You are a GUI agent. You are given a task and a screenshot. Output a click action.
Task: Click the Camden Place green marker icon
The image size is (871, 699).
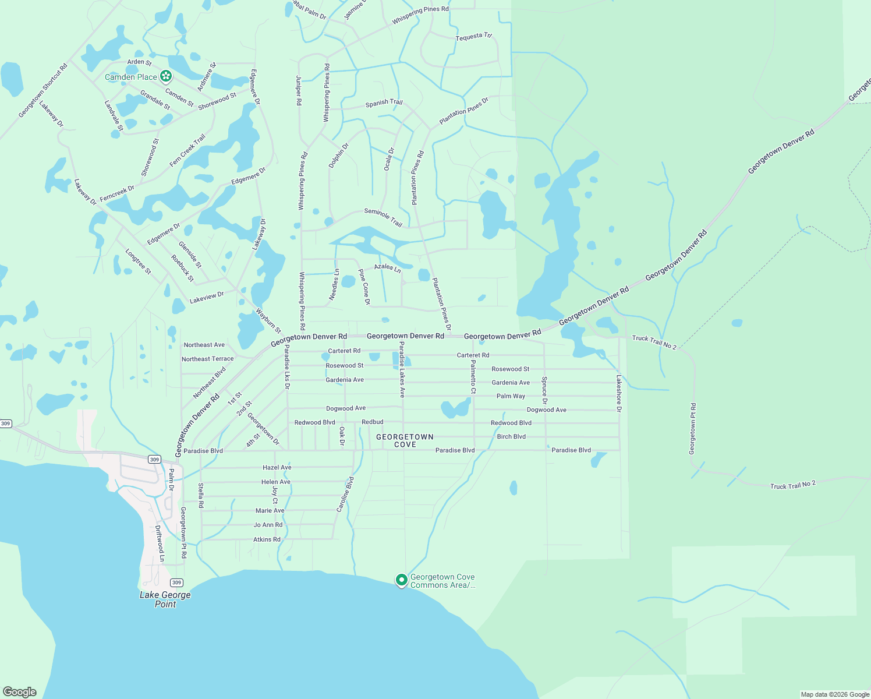coord(166,76)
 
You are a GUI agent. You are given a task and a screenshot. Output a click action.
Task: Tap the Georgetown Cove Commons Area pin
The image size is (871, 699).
coord(401,580)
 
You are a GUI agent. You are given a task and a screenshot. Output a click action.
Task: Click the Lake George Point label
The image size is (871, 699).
coord(165,599)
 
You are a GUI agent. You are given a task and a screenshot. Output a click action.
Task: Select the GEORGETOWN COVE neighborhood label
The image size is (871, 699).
coord(405,440)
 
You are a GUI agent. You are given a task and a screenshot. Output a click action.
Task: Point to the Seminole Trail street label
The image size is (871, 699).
coord(383,217)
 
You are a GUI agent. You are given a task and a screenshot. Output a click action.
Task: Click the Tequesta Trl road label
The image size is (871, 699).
coord(473,37)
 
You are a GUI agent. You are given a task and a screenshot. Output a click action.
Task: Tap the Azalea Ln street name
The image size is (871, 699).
coord(387,268)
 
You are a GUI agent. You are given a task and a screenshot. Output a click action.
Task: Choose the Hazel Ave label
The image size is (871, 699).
coord(277,468)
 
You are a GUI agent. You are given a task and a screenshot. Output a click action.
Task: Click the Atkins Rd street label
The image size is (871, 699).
coord(267,539)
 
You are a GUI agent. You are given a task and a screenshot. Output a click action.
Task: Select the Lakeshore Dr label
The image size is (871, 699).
coord(619,393)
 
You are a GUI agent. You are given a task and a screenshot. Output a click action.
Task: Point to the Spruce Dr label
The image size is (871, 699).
coord(544,390)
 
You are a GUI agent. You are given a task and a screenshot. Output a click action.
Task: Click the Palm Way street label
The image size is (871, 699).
coord(511,396)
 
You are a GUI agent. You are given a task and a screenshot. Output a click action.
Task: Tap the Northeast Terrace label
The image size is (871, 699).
coord(207,359)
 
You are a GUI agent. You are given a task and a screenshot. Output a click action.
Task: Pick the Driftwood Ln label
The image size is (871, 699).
coord(159,543)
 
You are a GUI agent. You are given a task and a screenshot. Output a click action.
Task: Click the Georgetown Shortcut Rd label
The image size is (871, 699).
coord(43,90)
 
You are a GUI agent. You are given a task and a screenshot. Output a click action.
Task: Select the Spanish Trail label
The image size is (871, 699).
coord(384,103)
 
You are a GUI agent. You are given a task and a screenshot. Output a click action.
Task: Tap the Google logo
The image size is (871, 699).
coord(19,692)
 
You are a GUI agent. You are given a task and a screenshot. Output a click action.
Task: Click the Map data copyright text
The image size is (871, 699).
coord(835,694)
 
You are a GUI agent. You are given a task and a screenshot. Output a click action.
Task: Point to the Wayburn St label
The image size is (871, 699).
coord(268,321)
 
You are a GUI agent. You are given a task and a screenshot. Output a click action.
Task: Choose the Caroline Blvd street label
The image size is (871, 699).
coord(345,495)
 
